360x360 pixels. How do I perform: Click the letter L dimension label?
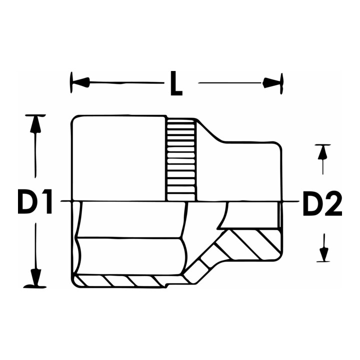[x=176, y=83]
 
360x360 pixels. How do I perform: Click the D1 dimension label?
[x=35, y=201]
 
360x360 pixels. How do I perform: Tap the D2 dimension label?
[x=322, y=203]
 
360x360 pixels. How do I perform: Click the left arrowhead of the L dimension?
[x=80, y=82]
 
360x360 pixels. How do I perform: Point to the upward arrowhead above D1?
[x=35, y=124]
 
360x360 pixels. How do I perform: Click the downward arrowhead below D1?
[x=35, y=277]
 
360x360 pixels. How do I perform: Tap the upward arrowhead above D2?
[x=322, y=152]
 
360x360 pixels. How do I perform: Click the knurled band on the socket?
[x=181, y=160]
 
